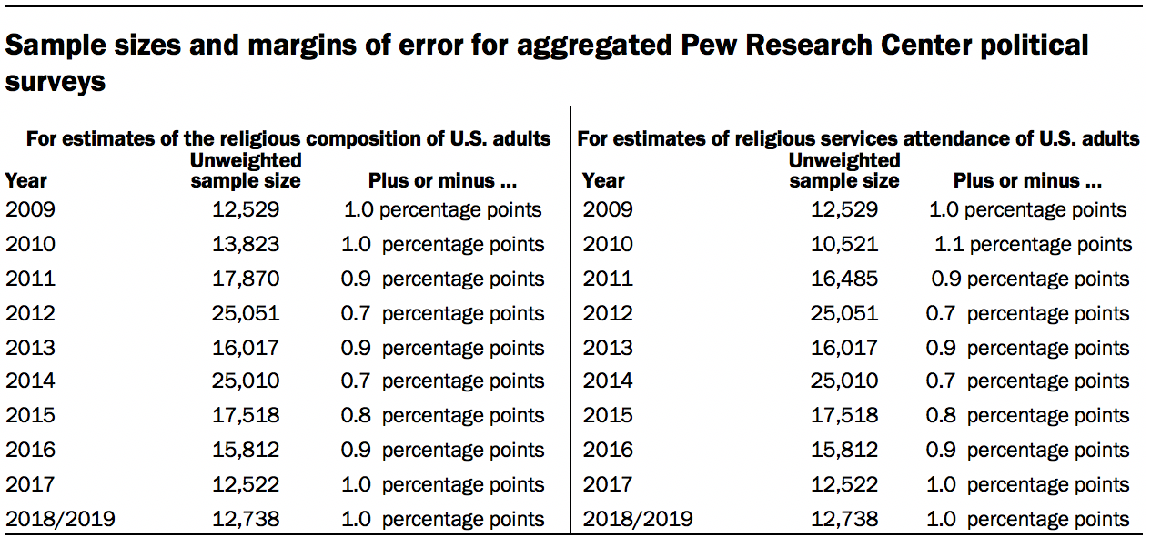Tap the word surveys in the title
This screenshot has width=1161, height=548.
[56, 81]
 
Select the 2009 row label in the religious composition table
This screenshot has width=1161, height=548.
[30, 209]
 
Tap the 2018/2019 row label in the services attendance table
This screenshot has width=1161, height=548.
[637, 520]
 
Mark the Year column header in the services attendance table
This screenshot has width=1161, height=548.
[603, 180]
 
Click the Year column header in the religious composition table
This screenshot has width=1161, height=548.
[26, 180]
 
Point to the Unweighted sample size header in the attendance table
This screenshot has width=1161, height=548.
[843, 170]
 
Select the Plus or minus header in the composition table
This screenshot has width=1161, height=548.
[442, 180]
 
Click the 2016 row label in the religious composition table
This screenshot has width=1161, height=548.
[30, 451]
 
